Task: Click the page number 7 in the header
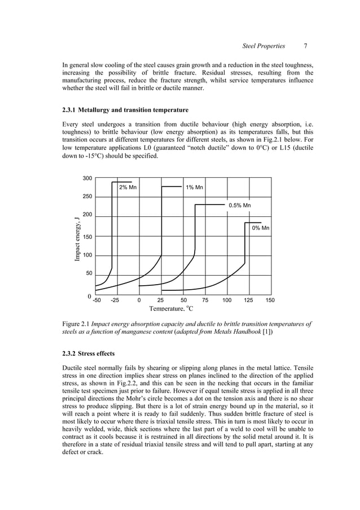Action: [305, 46]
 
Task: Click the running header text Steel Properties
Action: [264, 46]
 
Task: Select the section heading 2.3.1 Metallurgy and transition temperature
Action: [125, 110]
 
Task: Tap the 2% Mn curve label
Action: [128, 188]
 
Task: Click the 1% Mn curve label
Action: [195, 188]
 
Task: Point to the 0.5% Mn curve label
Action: [239, 206]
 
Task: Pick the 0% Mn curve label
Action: [260, 228]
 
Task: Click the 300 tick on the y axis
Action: [87, 178]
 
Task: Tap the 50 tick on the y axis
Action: [89, 273]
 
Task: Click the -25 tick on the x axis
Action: [115, 300]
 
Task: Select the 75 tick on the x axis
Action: [205, 300]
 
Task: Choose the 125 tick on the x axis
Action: [248, 300]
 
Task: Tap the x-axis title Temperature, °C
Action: [171, 308]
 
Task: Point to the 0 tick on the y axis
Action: [90, 296]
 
